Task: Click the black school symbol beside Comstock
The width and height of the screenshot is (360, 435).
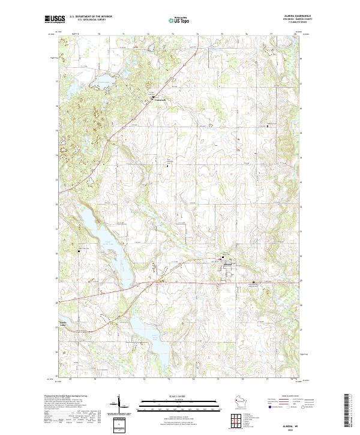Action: (153, 96)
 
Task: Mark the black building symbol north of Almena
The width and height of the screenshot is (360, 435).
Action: (223, 254)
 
